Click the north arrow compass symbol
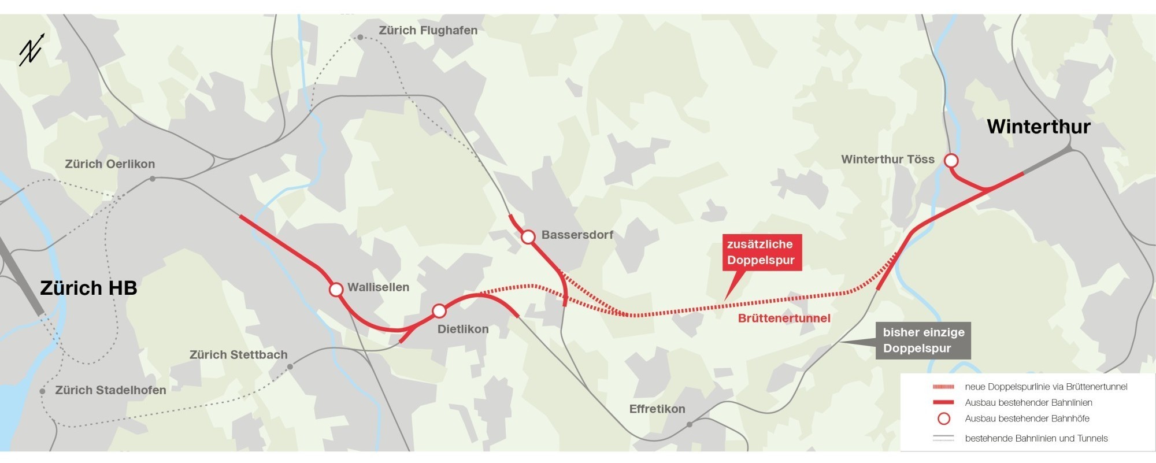(x=31, y=50)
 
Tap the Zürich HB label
(x=88, y=288)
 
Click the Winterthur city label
(x=1038, y=127)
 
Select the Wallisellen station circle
(x=336, y=290)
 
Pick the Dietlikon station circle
(x=439, y=312)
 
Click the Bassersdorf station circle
(x=528, y=237)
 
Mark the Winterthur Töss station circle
(x=951, y=160)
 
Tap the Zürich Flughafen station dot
(x=360, y=37)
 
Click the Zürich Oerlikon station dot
(x=153, y=179)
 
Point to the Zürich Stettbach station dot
(x=290, y=366)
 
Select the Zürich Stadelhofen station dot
(x=42, y=391)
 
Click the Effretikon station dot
(x=690, y=425)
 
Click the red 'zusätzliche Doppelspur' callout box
(x=761, y=253)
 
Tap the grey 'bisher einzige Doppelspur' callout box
(x=923, y=340)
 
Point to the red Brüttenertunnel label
(x=784, y=318)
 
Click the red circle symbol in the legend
(x=944, y=418)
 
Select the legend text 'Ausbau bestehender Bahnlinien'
(x=1028, y=403)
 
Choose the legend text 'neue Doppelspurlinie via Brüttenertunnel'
(x=1046, y=387)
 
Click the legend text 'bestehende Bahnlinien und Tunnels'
(x=1036, y=439)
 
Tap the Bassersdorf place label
(x=577, y=235)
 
